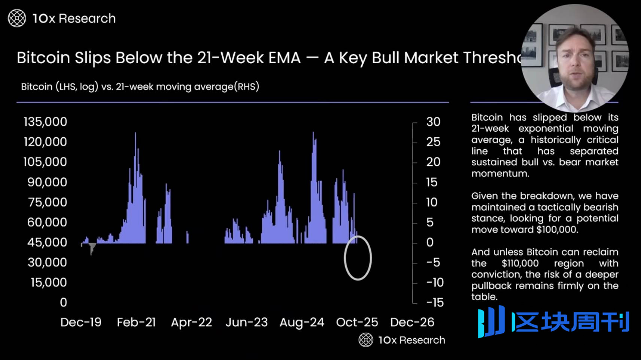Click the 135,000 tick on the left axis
pos(45,122)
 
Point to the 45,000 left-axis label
pos(47,242)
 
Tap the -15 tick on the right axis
pos(435,302)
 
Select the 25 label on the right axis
pos(433,142)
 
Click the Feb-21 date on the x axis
pos(136,322)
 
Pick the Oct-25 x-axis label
pos(357,322)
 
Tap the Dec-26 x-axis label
pos(412,322)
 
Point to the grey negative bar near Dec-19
pos(92,248)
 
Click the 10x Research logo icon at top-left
pos(17,18)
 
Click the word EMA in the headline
pos(284,58)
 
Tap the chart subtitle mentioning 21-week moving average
pos(140,87)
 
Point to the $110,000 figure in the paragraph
pos(520,263)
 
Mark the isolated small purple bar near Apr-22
pos(187,238)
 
